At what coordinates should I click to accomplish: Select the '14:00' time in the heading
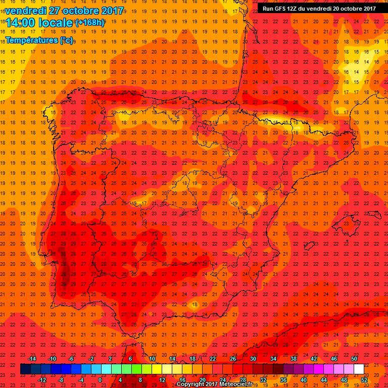pyautogui.click(x=23, y=23)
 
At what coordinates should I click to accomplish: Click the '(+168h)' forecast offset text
pyautogui.click(x=90, y=23)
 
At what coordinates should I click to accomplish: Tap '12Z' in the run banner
pyautogui.click(x=297, y=8)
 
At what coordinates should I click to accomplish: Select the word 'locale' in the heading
pyautogui.click(x=58, y=23)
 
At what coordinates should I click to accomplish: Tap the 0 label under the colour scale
pyautogui.click(x=100, y=380)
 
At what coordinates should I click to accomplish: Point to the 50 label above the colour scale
pyautogui.click(x=354, y=359)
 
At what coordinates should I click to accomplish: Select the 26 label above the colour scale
pyautogui.click(x=232, y=359)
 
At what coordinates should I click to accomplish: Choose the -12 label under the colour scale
pyautogui.click(x=42, y=380)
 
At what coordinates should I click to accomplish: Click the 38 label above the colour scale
pyautogui.click(x=293, y=359)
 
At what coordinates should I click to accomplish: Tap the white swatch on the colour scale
pyautogui.click(x=359, y=369)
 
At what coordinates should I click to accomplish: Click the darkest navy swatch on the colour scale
pyautogui.click(x=25, y=369)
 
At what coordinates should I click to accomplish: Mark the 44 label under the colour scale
pyautogui.click(x=323, y=380)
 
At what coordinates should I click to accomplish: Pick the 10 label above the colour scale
pyautogui.click(x=152, y=359)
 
